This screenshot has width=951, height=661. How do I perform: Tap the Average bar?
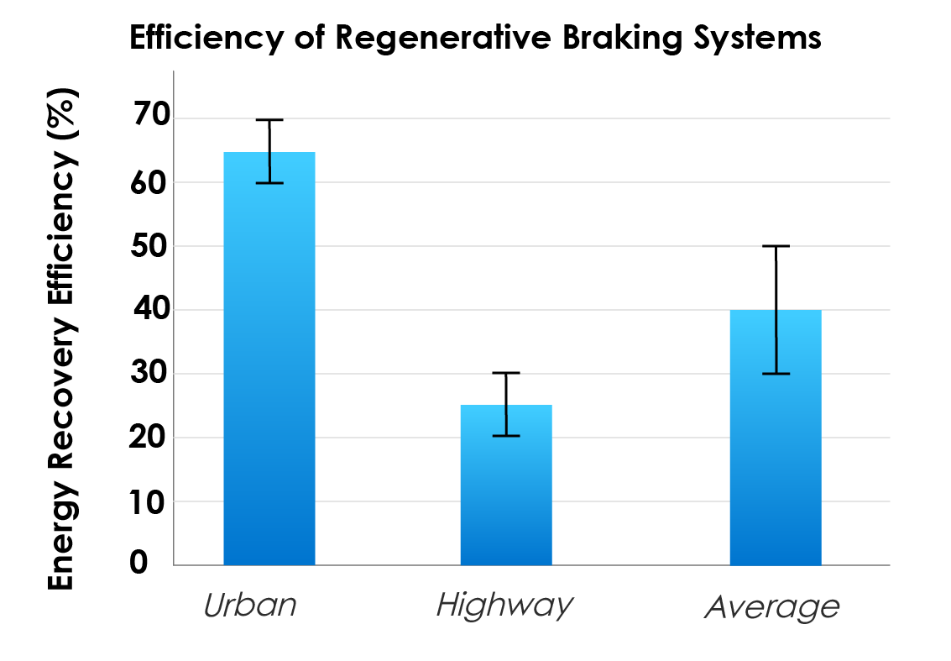point(776,438)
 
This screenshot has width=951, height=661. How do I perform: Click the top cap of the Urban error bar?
point(269,120)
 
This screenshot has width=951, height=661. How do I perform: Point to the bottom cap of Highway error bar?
point(506,436)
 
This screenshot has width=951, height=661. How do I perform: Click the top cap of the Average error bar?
point(776,246)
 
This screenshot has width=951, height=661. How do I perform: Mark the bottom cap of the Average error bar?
point(776,374)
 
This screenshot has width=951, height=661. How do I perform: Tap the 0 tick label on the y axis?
point(138,564)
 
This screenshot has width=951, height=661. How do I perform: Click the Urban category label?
point(250,606)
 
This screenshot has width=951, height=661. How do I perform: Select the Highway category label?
point(504,606)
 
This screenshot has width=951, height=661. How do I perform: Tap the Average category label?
point(771,607)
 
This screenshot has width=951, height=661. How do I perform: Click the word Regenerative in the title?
point(439,39)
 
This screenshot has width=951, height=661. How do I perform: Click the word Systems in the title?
point(760,38)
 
